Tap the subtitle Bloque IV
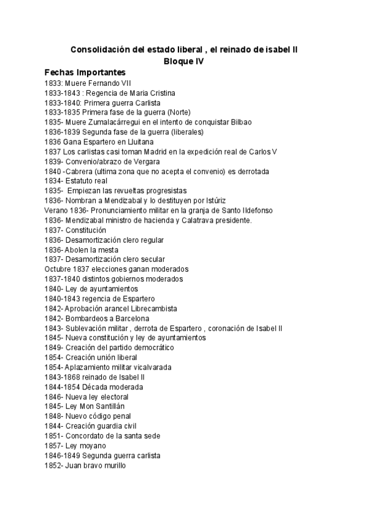coord(184,61)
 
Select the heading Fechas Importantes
coord(85,72)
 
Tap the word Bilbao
coord(239,122)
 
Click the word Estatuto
coord(79,181)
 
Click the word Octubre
coord(58,269)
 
